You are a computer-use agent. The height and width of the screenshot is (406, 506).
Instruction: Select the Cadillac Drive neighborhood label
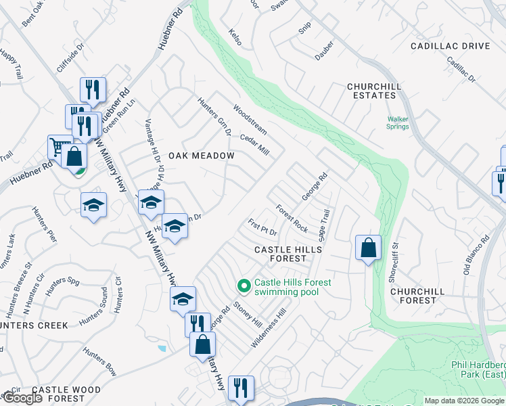450,46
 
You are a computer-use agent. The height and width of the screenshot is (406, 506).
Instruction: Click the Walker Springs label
398,122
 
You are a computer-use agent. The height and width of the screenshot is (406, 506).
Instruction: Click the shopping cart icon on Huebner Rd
59,145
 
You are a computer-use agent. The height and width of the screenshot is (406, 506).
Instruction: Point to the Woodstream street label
250,118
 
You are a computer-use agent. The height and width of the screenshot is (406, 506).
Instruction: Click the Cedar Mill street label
254,144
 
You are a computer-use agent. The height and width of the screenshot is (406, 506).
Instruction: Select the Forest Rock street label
292,218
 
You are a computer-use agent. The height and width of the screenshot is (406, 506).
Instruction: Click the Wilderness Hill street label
269,328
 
